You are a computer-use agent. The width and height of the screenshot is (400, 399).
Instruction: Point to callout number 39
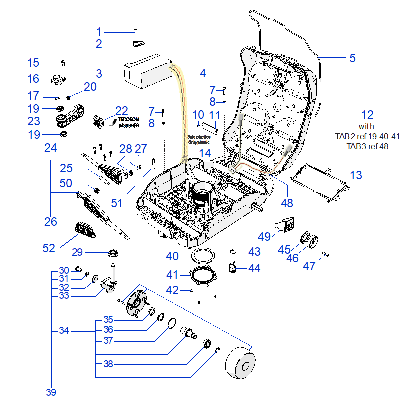click(x=51, y=392)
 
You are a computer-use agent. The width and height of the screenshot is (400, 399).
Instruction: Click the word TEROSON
click(x=129, y=120)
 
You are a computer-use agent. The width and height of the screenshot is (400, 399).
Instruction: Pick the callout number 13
click(x=356, y=175)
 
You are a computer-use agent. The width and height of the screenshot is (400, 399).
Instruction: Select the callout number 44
click(x=254, y=268)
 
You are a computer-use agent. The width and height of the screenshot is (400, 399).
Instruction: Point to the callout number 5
click(x=352, y=58)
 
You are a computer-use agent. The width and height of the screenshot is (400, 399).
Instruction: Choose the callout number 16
click(x=33, y=79)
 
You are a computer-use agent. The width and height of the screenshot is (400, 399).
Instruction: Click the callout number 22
click(x=122, y=111)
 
